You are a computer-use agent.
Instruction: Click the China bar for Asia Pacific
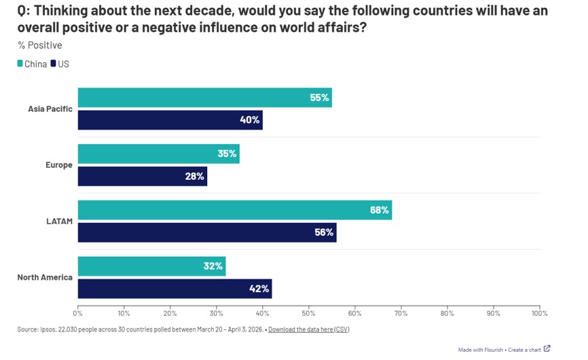click(204, 98)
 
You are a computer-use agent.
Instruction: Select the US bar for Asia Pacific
click(170, 120)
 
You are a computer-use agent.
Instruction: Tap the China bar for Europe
click(158, 154)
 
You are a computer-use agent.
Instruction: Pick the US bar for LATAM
click(207, 232)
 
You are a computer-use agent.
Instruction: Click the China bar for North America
click(151, 266)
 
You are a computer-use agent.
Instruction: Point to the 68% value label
click(380, 210)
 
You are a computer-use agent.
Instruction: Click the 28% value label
click(195, 177)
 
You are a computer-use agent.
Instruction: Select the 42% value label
click(259, 289)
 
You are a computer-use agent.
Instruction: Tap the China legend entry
click(32, 65)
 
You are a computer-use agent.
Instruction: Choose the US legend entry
click(60, 65)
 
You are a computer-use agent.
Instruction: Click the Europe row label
click(59, 165)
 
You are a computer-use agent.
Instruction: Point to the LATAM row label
click(60, 221)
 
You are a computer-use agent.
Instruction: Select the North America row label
click(44, 277)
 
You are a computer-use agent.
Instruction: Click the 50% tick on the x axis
click(309, 314)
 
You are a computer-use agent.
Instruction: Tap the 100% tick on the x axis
click(539, 314)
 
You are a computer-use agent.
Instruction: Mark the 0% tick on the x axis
click(78, 314)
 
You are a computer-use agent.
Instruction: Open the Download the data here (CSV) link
click(308, 329)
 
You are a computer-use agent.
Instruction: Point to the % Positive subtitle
click(39, 46)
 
